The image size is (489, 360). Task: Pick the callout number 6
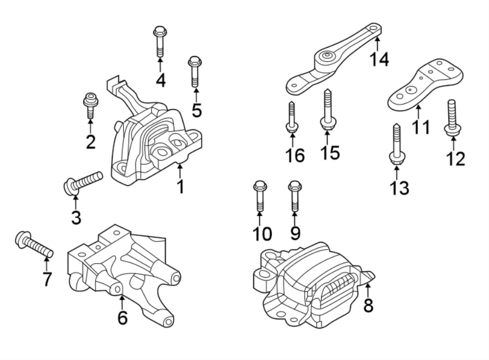click(x=123, y=317)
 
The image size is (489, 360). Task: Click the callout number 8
click(x=368, y=306)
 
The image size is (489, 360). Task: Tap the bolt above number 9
click(x=294, y=196)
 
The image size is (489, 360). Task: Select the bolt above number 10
click(x=259, y=196)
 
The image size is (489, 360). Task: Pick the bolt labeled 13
click(x=396, y=142)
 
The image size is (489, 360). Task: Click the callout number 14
click(x=380, y=58)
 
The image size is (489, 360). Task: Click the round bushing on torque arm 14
click(x=327, y=56)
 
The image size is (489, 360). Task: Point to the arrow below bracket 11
click(x=418, y=113)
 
